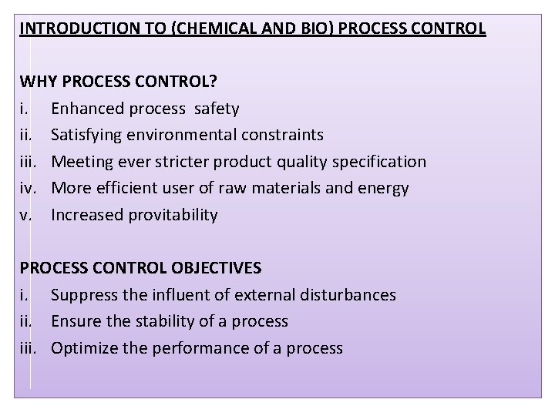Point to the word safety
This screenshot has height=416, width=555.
(x=215, y=108)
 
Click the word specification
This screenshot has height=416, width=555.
(x=378, y=162)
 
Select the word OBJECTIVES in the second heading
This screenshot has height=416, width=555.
(x=216, y=268)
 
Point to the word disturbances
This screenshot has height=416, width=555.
(x=351, y=295)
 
